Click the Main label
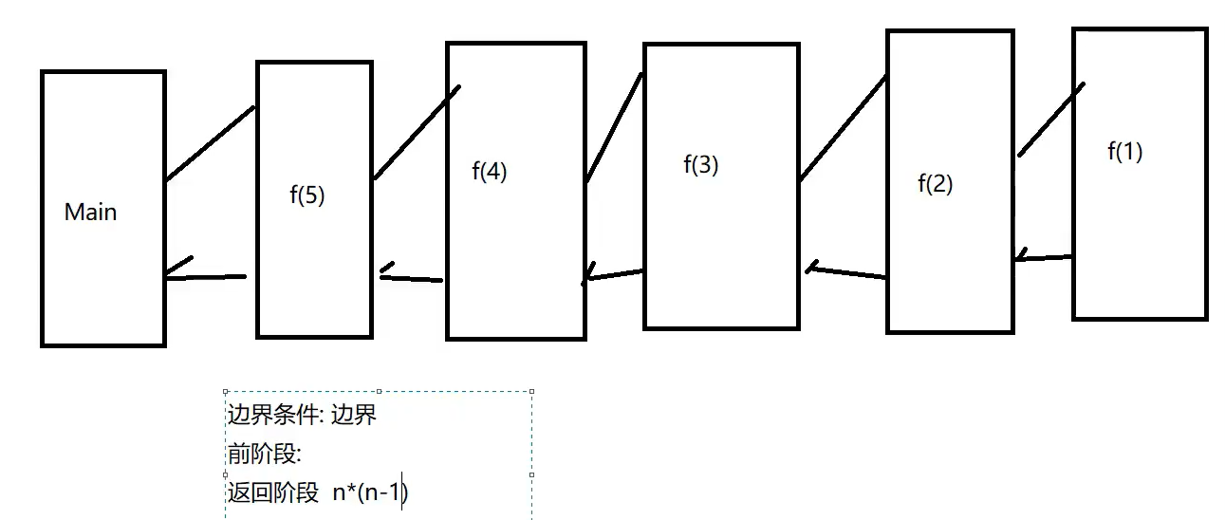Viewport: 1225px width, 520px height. point(91,212)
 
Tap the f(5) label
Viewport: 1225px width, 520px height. point(306,195)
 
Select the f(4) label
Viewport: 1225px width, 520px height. point(489,173)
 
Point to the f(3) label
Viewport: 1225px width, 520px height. point(701,164)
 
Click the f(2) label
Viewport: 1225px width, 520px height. point(935,183)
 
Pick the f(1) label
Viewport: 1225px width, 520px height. point(1124,151)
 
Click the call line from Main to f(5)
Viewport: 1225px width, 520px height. point(211,143)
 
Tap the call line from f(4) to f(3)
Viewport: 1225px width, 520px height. point(614,129)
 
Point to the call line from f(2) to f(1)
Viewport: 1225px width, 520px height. point(1051,120)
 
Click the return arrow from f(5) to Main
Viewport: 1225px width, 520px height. point(205,276)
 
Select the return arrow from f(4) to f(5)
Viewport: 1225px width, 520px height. point(412,278)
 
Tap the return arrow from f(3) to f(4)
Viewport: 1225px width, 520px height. point(614,275)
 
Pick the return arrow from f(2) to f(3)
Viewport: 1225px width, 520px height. point(846,273)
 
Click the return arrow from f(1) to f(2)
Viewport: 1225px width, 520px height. point(1043,257)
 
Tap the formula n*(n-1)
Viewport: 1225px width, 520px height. point(370,492)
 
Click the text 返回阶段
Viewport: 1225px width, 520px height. point(272,492)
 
